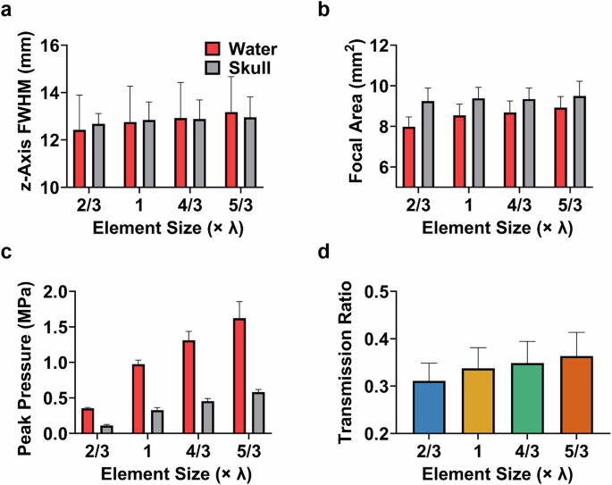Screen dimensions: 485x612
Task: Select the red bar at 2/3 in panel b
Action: coord(408,157)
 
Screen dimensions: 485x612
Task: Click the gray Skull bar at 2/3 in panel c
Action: coord(106,430)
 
